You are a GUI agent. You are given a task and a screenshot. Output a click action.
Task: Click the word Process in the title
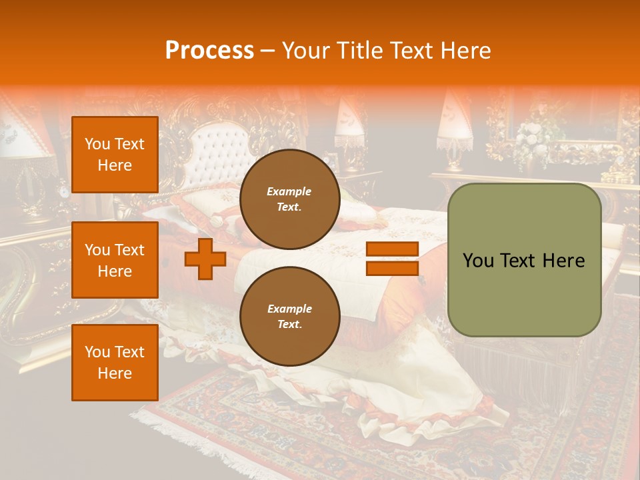pyautogui.click(x=209, y=51)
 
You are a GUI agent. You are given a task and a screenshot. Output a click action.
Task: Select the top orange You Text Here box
pyautogui.click(x=115, y=155)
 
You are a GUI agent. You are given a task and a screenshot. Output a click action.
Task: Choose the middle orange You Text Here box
pyautogui.click(x=115, y=260)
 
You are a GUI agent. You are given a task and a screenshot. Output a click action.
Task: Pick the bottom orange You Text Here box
pyautogui.click(x=115, y=363)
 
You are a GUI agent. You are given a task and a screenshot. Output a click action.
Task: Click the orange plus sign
pyautogui.click(x=205, y=259)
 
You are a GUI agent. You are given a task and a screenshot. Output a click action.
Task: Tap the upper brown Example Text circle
pyautogui.click(x=289, y=199)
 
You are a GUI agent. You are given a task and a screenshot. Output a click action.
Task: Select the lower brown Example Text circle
pyautogui.click(x=289, y=317)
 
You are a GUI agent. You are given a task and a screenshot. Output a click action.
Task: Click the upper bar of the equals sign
pyautogui.click(x=392, y=249)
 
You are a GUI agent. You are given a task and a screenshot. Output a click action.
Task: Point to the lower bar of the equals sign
pyautogui.click(x=392, y=268)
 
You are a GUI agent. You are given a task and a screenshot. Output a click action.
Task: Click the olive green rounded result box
pyautogui.click(x=524, y=260)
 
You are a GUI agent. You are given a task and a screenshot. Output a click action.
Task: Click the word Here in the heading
pyautogui.click(x=465, y=51)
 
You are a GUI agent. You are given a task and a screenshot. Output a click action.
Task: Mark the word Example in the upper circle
pyautogui.click(x=289, y=191)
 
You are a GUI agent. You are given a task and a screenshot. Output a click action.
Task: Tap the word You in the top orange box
pyautogui.click(x=97, y=144)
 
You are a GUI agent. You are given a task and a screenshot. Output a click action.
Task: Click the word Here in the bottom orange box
pyautogui.click(x=115, y=373)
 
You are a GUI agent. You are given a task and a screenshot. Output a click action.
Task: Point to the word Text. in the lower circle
pyautogui.click(x=289, y=325)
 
